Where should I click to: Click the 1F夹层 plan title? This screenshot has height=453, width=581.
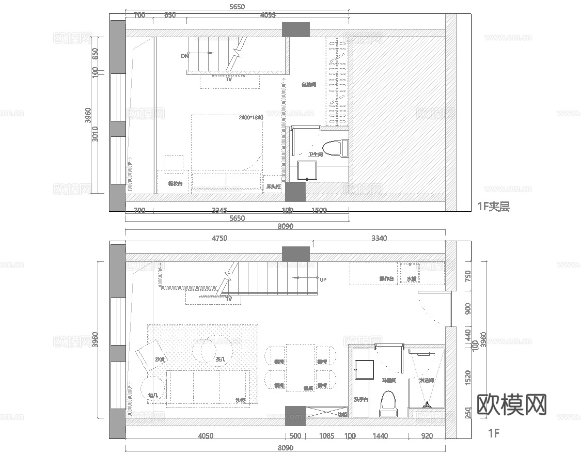493,207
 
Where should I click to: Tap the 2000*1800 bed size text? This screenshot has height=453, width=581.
251,118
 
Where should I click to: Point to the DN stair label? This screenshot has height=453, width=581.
185,56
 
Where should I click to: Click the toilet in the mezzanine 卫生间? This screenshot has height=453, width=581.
333,147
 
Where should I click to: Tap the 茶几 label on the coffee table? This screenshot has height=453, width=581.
221,359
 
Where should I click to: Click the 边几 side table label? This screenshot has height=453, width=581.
153,395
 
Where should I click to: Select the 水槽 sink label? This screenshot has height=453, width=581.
411,279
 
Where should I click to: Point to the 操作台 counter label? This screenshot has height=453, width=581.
387,279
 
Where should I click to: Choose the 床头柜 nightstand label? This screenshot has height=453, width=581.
273,186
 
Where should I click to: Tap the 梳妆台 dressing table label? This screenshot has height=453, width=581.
175,183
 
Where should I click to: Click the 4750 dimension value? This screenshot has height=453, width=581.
220,238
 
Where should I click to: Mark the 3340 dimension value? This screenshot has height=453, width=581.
379,238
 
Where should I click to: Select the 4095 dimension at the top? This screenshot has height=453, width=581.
268,15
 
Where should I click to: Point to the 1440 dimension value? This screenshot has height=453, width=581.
380,436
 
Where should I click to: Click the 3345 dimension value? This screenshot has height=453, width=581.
219,210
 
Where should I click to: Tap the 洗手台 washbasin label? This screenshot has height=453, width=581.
361,399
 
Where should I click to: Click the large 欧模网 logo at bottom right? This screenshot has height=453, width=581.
511,404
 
